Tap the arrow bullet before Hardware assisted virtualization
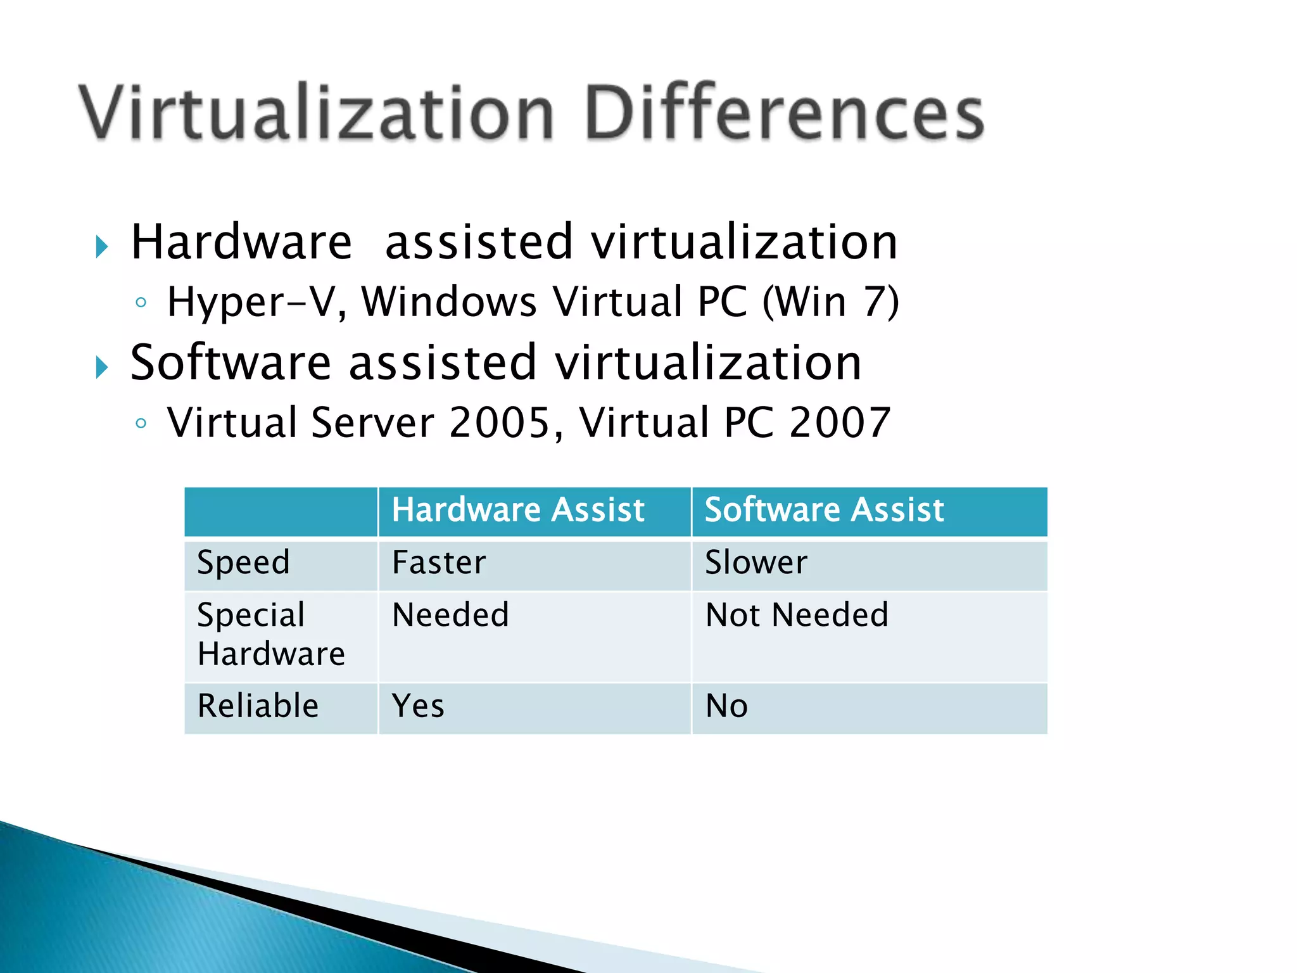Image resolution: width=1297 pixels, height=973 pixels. point(102,246)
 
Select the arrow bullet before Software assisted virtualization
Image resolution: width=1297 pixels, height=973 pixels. point(102,367)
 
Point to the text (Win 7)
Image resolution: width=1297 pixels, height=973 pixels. point(830,302)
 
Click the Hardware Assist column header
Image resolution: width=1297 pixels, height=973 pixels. point(518,510)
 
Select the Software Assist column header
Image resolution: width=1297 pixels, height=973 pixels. point(825,510)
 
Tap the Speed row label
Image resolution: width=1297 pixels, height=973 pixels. point(244,563)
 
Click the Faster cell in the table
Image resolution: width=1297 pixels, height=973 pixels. point(439,563)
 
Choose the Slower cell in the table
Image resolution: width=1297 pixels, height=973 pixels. point(756,563)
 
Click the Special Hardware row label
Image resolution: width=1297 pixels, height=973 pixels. point(270,634)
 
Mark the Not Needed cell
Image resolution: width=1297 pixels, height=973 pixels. point(797,615)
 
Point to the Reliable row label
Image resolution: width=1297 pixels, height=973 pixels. point(258,706)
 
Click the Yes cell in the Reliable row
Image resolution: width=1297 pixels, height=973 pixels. point(418,706)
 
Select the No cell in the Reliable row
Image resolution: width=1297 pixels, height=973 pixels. point(726,706)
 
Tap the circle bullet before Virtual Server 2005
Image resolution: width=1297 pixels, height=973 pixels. point(141,423)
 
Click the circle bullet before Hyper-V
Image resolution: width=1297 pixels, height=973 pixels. point(141,303)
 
